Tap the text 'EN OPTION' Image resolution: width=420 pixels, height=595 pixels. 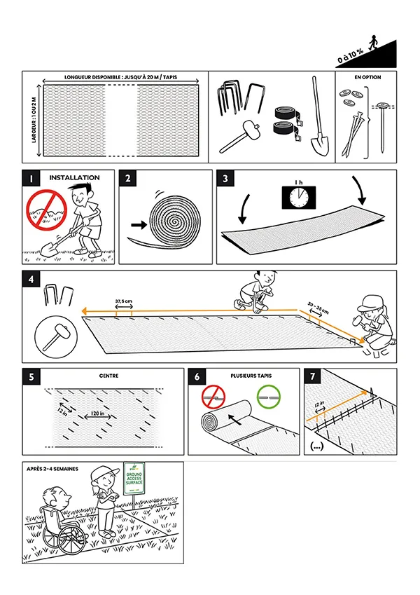[x=366, y=76]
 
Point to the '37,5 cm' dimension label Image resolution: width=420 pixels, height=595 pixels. [x=124, y=302]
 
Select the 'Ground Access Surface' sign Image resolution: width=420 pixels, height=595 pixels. [x=134, y=479]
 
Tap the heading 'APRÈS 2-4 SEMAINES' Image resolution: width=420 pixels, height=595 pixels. [x=52, y=468]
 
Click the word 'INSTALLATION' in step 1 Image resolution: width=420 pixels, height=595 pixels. [x=74, y=177]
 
